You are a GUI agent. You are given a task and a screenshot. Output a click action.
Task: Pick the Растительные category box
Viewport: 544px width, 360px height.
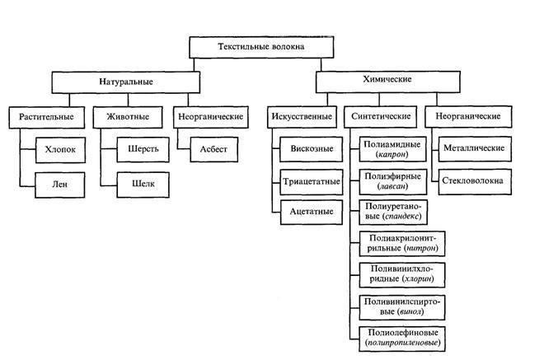[47, 117]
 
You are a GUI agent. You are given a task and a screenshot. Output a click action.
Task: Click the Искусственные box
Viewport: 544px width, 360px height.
[301, 117]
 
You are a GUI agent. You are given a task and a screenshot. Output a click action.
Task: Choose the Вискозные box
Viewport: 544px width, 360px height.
[306, 151]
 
